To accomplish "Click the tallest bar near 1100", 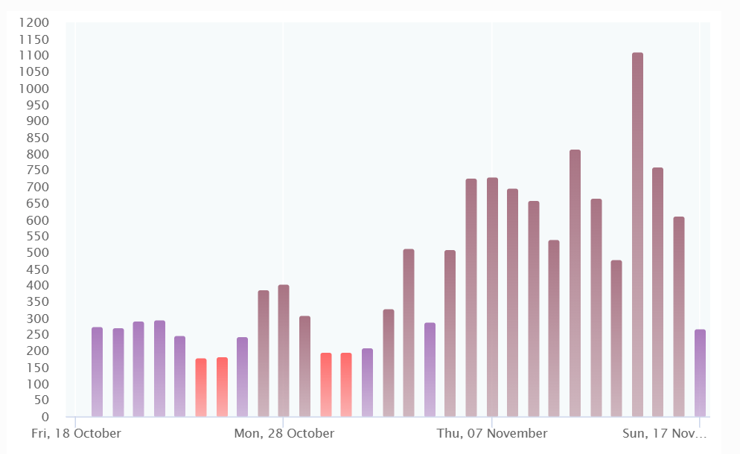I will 637,234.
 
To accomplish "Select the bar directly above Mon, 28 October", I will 284,350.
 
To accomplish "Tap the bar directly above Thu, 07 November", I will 492,297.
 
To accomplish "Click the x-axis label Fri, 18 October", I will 76,433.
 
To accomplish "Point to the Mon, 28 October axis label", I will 284,433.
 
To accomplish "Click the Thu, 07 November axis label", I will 492,433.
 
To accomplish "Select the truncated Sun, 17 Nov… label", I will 665,433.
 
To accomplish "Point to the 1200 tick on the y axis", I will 36,23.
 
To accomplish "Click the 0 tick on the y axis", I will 45,417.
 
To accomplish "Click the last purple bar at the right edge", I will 700,373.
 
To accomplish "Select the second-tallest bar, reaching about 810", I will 575,283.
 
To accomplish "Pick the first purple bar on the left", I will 97,371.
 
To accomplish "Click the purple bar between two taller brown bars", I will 430,369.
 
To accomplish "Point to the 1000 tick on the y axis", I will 36,89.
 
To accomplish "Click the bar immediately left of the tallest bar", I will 616,338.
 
